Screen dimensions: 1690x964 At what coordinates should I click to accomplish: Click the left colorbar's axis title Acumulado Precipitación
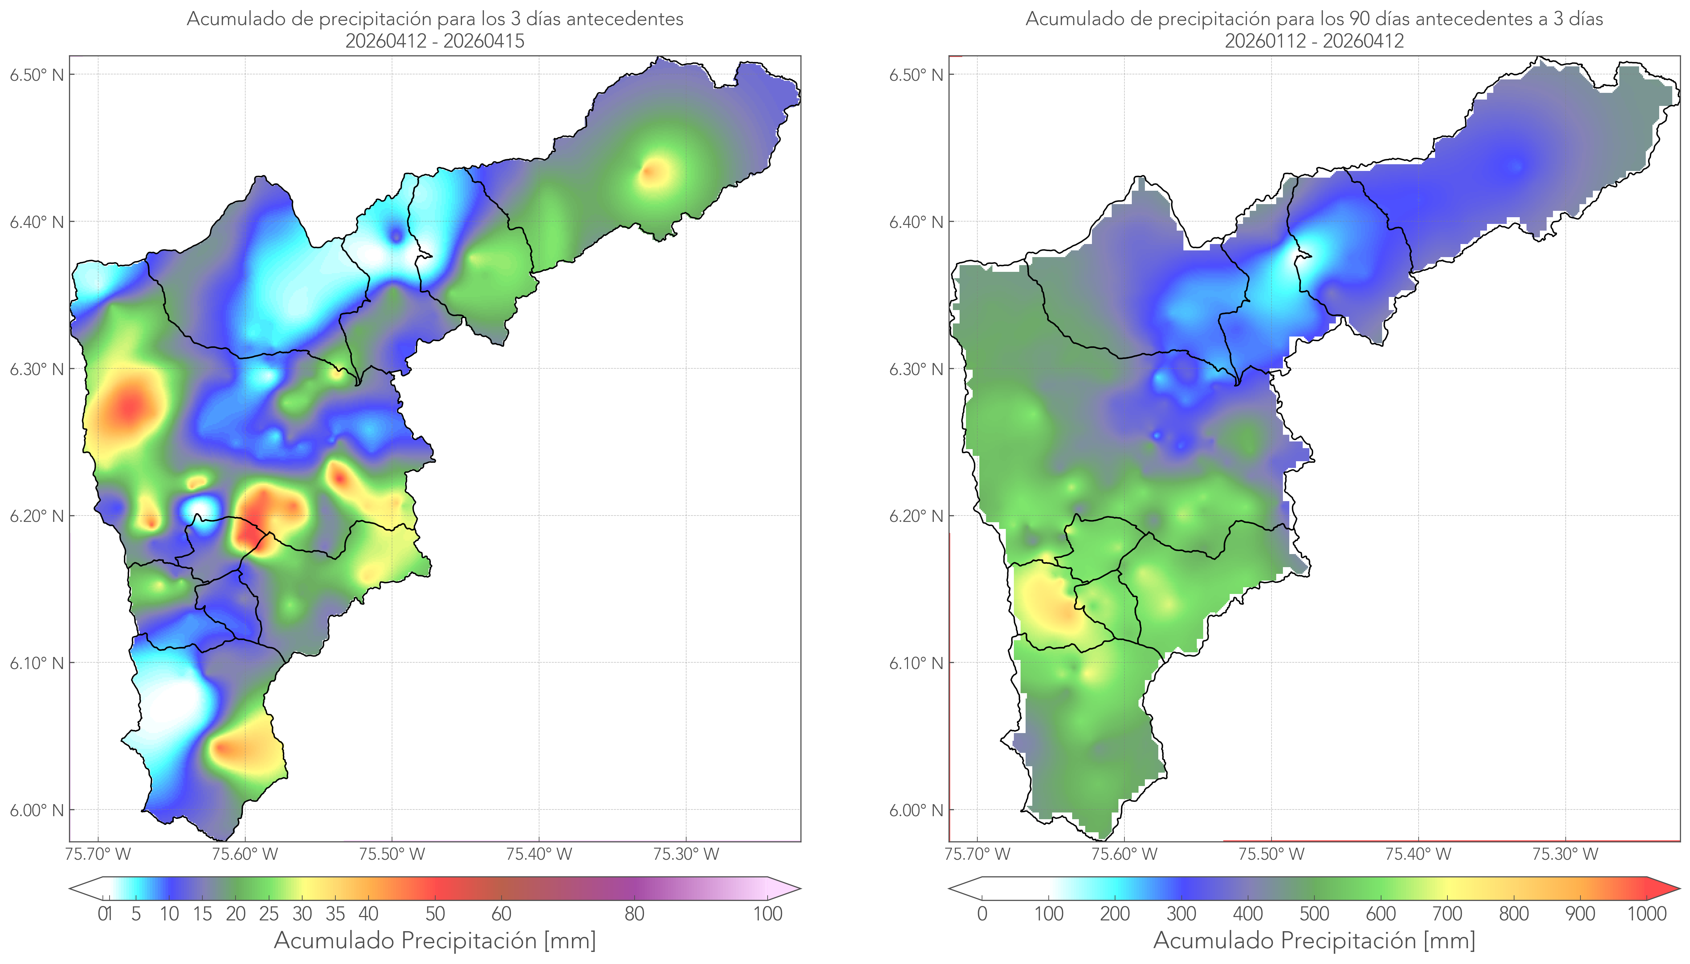coord(405,940)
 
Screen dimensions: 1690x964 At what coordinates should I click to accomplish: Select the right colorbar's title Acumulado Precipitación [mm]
coord(1314,940)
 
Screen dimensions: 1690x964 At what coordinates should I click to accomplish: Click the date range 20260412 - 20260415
coord(435,41)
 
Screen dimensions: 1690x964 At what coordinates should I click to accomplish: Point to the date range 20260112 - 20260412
coord(1314,41)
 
